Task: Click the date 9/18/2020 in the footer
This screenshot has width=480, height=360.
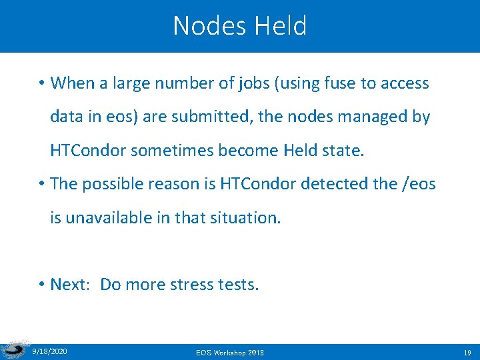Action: point(49,351)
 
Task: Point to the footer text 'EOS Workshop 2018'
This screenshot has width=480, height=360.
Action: point(230,351)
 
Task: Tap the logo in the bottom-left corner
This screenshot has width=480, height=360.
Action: point(13,349)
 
